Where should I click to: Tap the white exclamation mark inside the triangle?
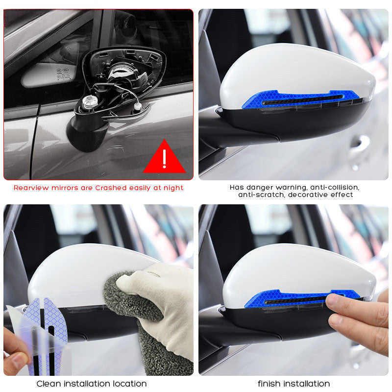[x=164, y=159]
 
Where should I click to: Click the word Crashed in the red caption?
[x=111, y=188]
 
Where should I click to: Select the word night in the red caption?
[x=173, y=188]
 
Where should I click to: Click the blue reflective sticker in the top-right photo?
[x=300, y=99]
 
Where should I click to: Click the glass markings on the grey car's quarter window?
[x=63, y=74]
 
